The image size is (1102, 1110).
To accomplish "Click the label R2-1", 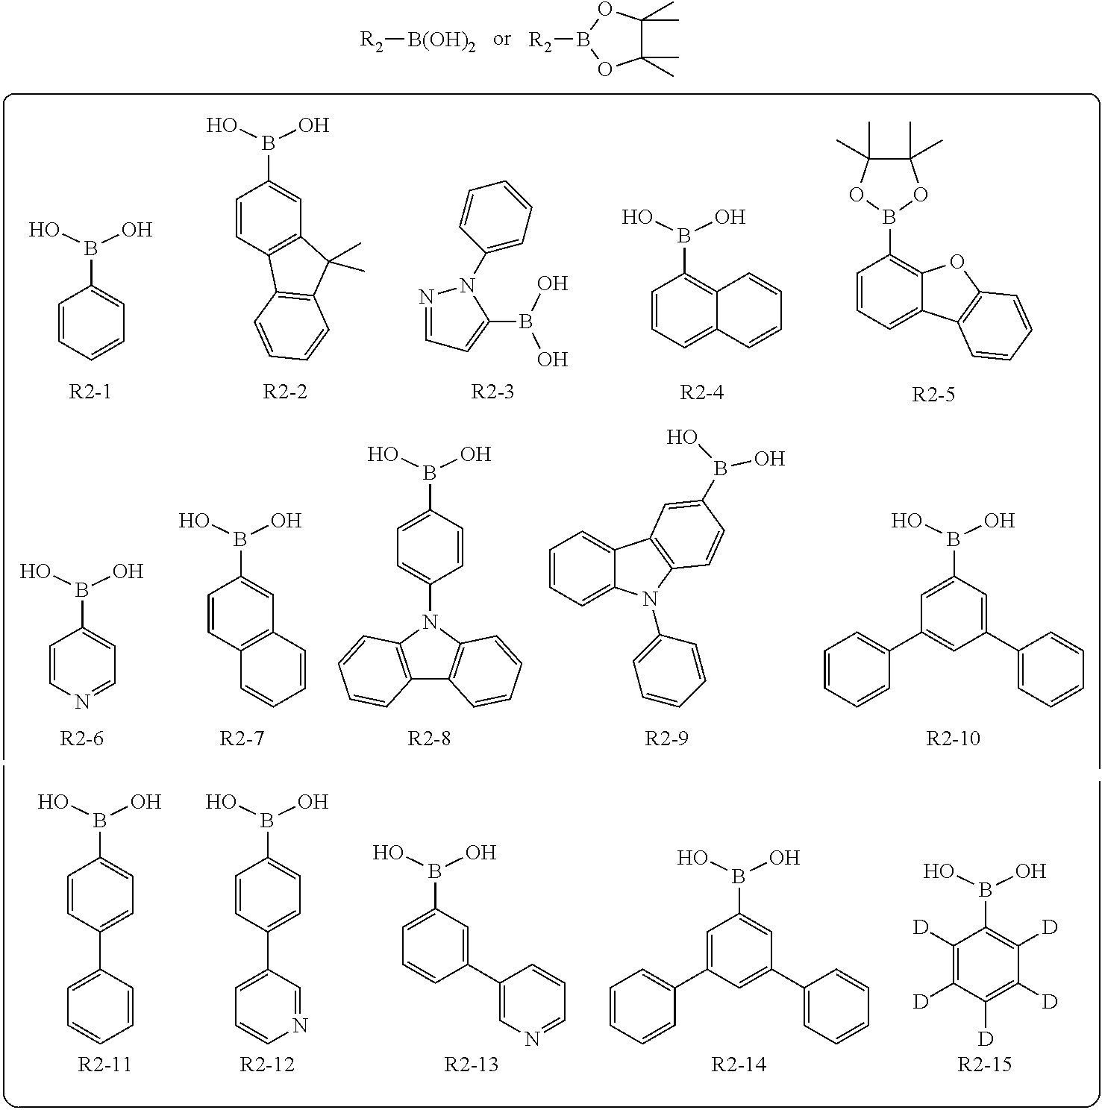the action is click(90, 392).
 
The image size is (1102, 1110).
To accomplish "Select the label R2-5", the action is click(933, 395).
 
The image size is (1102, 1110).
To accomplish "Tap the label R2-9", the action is click(667, 739).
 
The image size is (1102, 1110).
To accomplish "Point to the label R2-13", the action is click(472, 1064).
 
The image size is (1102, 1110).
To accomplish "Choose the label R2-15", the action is click(985, 1064).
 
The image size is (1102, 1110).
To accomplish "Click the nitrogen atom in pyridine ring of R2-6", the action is click(83, 701).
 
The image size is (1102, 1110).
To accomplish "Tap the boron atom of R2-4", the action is click(684, 236).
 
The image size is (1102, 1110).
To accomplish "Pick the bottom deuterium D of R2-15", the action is click(986, 1038).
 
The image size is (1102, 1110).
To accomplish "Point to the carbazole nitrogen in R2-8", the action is click(429, 621).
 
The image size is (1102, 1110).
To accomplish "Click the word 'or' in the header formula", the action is click(502, 39).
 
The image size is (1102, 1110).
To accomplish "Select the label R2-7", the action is click(242, 739).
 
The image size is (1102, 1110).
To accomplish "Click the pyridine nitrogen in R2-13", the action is click(532, 1038).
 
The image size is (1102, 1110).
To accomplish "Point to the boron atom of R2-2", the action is click(268, 144).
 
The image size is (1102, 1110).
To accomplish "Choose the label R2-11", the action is click(104, 1064).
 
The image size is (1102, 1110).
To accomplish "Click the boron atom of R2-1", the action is click(90, 249).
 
